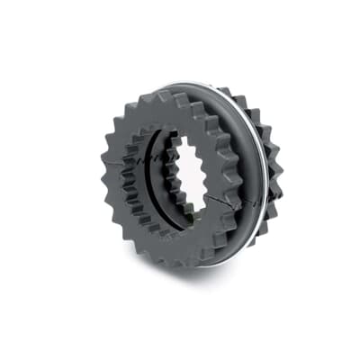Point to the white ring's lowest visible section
(x=216, y=266)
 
